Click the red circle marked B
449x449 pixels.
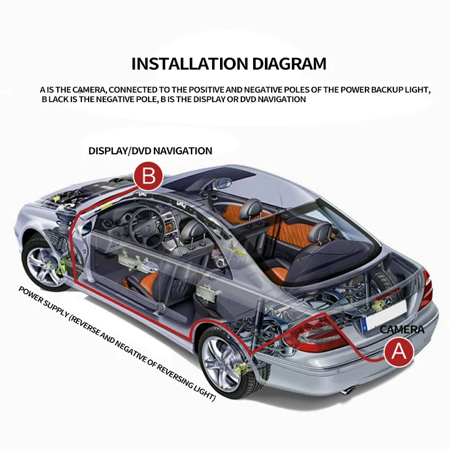coord(148,176)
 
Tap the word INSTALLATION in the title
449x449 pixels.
coord(186,63)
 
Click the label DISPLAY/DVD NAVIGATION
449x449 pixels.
coord(150,150)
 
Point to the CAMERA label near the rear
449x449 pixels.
coord(402,329)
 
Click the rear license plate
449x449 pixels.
coord(373,324)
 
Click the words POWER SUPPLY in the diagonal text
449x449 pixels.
coord(42,303)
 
